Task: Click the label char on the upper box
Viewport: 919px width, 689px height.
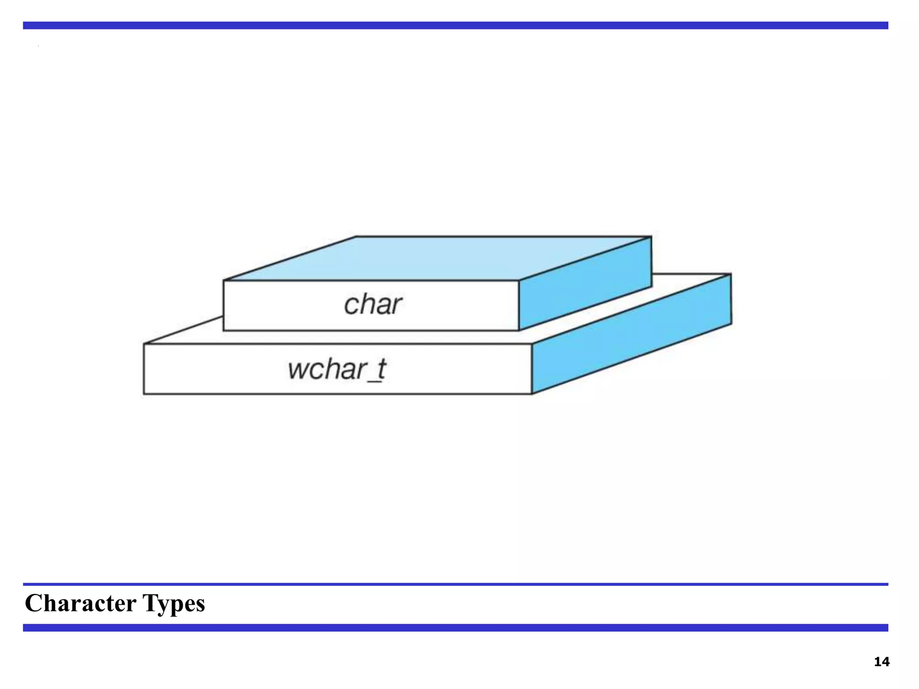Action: click(x=372, y=305)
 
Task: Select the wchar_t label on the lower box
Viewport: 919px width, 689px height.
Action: click(x=337, y=370)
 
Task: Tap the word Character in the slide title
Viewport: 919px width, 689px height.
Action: click(x=80, y=603)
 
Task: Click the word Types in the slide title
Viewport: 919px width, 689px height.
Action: click(x=174, y=604)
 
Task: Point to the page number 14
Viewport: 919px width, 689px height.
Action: click(x=881, y=662)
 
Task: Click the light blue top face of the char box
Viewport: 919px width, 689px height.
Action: click(x=438, y=258)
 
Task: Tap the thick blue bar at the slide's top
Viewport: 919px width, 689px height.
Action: click(x=455, y=26)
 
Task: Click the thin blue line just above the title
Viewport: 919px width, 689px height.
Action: click(x=455, y=584)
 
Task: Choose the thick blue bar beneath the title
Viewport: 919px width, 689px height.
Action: click(x=455, y=628)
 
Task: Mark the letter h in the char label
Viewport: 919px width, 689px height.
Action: click(x=366, y=304)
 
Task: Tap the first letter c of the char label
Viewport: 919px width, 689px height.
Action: click(x=351, y=306)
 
